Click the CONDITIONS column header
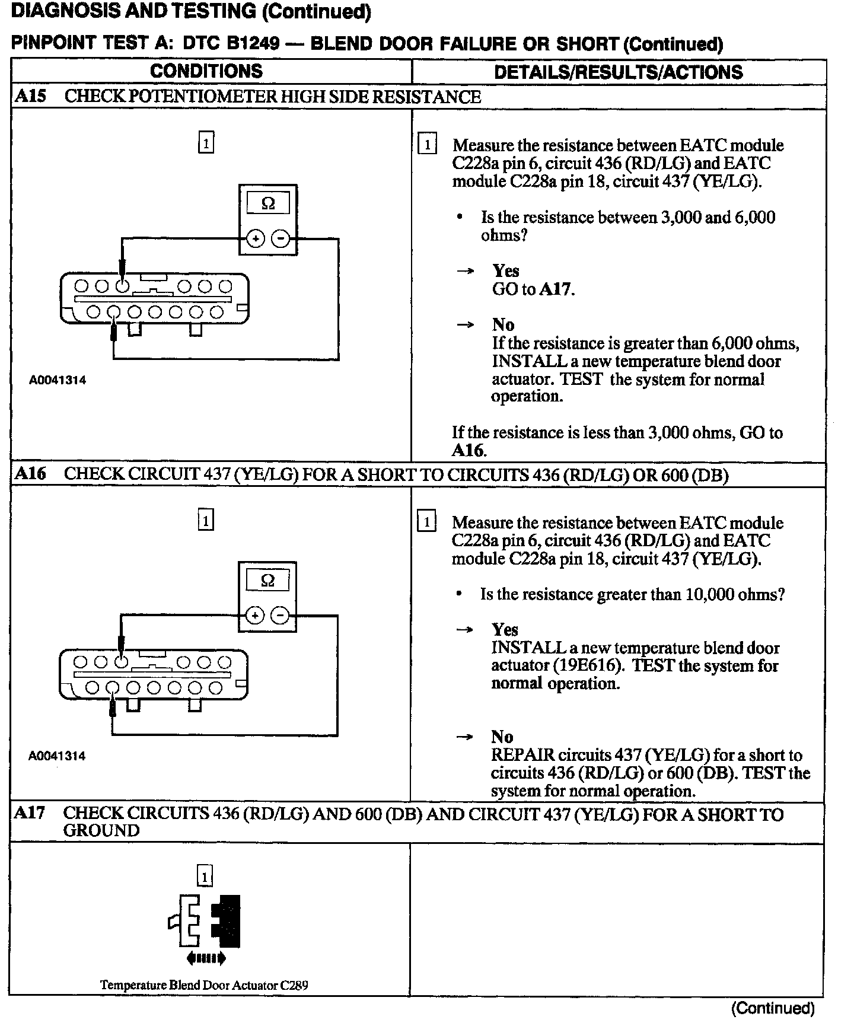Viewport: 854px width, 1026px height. (206, 71)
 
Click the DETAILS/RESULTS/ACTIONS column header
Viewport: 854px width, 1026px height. (618, 72)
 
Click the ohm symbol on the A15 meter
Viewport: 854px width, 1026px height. (268, 203)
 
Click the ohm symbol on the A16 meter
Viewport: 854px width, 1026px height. (267, 580)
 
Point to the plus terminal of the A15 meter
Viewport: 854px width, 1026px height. (256, 239)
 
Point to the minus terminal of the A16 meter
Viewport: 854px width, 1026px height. (279, 616)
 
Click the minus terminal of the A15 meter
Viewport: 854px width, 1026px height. (281, 239)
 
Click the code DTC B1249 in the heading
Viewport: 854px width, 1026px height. (231, 43)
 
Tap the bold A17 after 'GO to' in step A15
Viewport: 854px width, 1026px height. (556, 289)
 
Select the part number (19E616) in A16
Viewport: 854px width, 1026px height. (588, 665)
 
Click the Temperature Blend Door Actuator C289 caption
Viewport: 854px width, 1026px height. (204, 985)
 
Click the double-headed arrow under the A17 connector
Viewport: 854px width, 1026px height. (205, 957)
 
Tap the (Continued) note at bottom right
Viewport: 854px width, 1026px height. (772, 1008)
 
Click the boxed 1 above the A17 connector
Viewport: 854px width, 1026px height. (205, 876)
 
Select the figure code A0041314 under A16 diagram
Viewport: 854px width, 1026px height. (57, 756)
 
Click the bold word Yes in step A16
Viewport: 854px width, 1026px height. (505, 630)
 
